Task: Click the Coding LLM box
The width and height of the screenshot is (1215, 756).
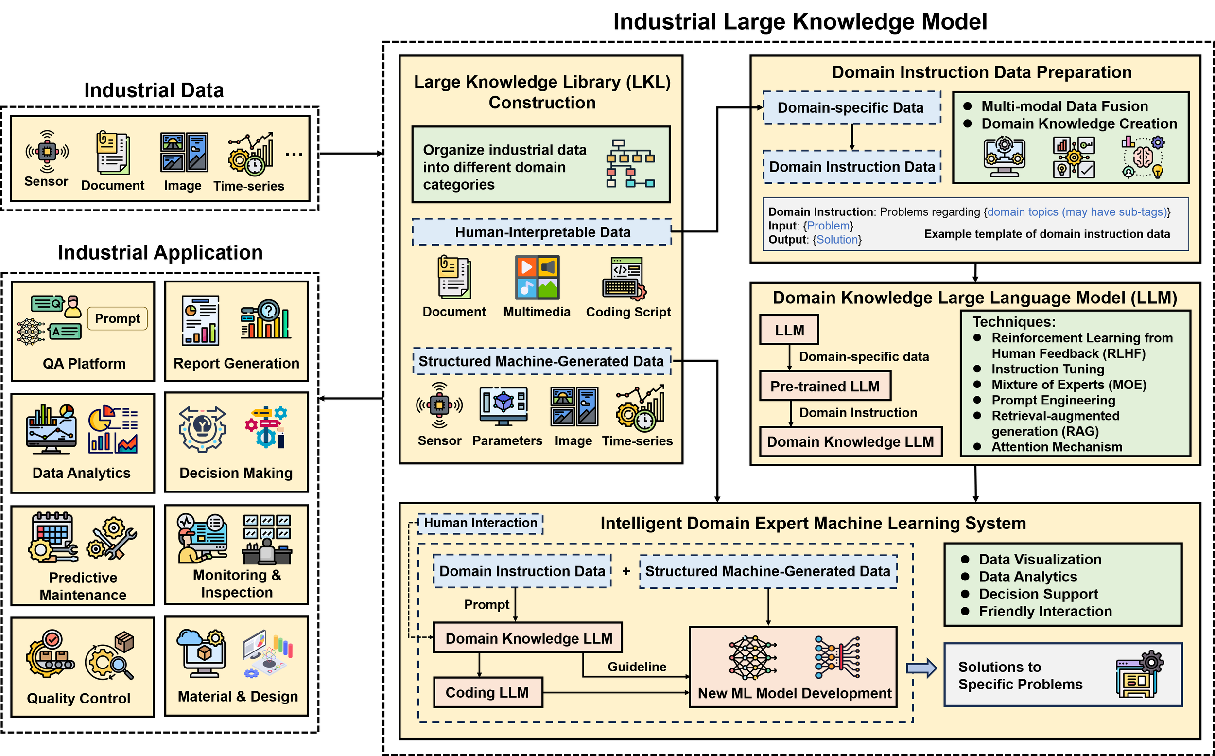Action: pyautogui.click(x=488, y=692)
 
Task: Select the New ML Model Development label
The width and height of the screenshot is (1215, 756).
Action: pyautogui.click(x=794, y=693)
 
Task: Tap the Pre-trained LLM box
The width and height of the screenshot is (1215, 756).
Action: pyautogui.click(x=825, y=386)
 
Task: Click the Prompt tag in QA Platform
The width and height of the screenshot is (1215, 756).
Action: pyautogui.click(x=118, y=318)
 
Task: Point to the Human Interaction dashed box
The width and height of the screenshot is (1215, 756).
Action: pyautogui.click(x=480, y=523)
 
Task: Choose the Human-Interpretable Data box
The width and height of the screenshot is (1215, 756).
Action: pyautogui.click(x=542, y=232)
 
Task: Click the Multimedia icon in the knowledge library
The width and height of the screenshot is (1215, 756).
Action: pyautogui.click(x=538, y=278)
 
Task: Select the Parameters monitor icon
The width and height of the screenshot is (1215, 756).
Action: pyautogui.click(x=503, y=406)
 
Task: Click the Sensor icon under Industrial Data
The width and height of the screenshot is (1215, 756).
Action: pyautogui.click(x=47, y=152)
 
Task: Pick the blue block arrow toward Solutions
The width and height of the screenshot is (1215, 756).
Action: pyautogui.click(x=921, y=668)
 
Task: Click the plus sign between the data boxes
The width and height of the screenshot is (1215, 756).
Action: pyautogui.click(x=626, y=571)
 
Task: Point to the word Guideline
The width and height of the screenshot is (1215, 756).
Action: pyautogui.click(x=637, y=667)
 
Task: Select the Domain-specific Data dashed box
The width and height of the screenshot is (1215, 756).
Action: pyautogui.click(x=851, y=107)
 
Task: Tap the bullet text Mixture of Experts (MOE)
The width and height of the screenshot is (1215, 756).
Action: pyautogui.click(x=1069, y=385)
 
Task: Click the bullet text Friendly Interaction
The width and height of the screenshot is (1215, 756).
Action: pyautogui.click(x=1045, y=611)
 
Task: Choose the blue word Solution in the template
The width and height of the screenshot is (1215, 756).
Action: pyautogui.click(x=837, y=240)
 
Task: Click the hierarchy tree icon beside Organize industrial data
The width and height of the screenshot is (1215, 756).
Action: pyautogui.click(x=630, y=163)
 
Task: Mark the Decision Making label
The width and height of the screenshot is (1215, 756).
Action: pyautogui.click(x=236, y=473)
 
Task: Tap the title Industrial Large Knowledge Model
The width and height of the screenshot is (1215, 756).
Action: pyautogui.click(x=800, y=21)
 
